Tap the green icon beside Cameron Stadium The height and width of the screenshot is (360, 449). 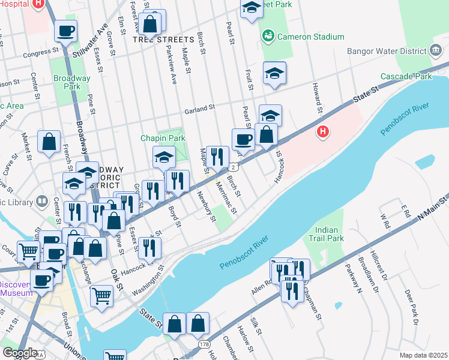tap(268, 37)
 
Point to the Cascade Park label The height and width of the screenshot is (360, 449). tap(406, 77)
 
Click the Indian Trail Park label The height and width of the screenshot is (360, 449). tap(326, 234)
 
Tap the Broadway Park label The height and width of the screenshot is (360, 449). tap(71, 82)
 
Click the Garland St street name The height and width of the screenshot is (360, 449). tap(199, 109)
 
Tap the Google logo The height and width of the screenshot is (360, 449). tap(20, 353)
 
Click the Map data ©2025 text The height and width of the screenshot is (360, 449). tap(423, 355)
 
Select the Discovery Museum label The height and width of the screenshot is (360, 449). tap(20, 289)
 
